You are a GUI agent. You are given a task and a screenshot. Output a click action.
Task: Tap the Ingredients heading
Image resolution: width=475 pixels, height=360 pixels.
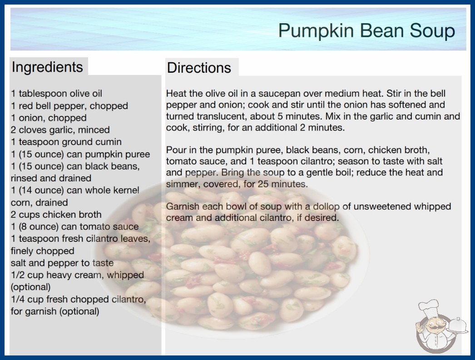click(47, 67)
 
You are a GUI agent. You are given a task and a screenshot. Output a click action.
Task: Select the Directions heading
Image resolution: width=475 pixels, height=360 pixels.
click(199, 68)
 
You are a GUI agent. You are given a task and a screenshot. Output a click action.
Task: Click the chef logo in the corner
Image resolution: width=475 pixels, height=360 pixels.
click(441, 326)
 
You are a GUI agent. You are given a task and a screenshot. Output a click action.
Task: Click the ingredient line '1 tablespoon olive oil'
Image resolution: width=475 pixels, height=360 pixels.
click(57, 94)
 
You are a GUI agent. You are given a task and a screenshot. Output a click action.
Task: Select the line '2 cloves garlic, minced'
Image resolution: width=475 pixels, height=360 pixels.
click(60, 130)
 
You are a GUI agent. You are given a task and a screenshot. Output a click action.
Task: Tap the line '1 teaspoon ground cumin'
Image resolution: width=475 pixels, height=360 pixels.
click(66, 142)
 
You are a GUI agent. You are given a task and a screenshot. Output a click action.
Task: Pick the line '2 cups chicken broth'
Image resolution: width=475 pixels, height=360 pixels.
click(56, 215)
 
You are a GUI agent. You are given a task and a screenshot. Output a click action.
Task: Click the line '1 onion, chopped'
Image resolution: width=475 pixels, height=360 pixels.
click(49, 118)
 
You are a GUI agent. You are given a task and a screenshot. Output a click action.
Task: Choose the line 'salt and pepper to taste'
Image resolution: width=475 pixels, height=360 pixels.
click(62, 263)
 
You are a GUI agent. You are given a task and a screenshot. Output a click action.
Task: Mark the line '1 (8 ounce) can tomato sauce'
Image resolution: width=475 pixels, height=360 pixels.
click(75, 226)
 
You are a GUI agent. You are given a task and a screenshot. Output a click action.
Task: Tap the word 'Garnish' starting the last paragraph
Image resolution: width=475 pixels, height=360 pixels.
click(183, 206)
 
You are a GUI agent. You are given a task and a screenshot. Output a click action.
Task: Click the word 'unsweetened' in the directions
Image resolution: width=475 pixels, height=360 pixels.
click(382, 206)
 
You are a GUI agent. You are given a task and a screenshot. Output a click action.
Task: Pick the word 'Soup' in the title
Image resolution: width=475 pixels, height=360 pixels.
click(432, 31)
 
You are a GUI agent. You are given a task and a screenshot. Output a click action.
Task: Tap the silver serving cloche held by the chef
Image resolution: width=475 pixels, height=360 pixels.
click(458, 325)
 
